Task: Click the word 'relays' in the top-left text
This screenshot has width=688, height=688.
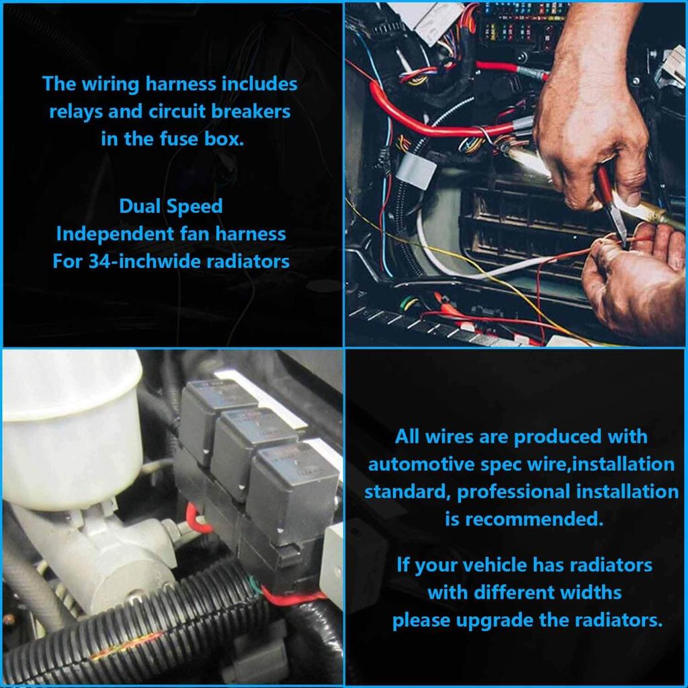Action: pyautogui.click(x=75, y=112)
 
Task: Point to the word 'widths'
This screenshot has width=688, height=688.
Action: pyautogui.click(x=584, y=593)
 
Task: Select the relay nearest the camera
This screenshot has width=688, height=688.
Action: pyautogui.click(x=282, y=487)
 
